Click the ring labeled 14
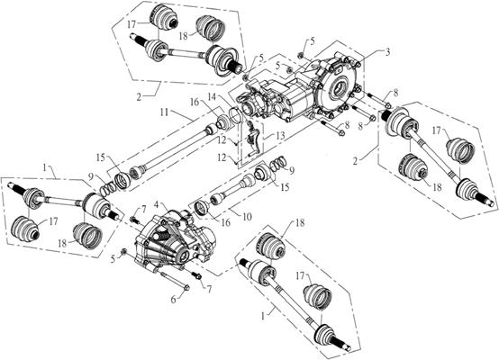point(231,115)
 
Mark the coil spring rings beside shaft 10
point(278,162)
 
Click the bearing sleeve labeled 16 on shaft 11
point(219,120)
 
